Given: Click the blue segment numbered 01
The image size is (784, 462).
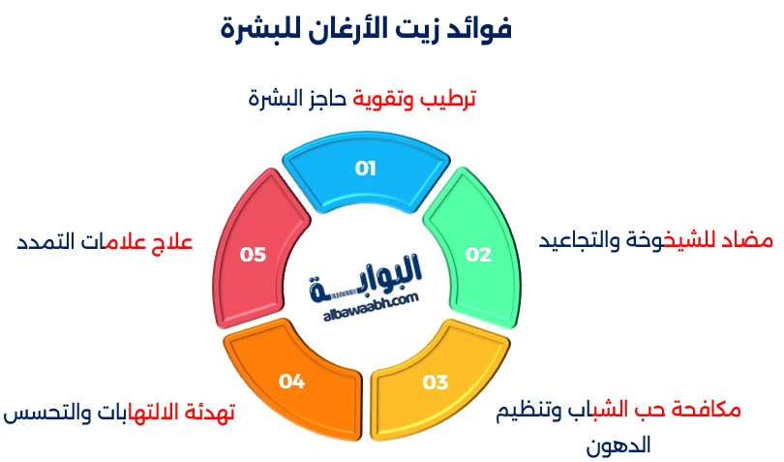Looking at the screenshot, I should [366, 169].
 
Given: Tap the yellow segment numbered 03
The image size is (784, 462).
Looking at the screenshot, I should [436, 381].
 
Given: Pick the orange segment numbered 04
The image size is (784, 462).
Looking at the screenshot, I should [291, 381].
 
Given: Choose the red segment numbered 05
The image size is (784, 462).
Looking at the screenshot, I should [254, 254].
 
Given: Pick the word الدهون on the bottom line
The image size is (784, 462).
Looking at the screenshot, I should [619, 446].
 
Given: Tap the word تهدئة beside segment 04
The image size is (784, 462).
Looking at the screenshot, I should [206, 414].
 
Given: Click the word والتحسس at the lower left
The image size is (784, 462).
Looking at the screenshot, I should [43, 414].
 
